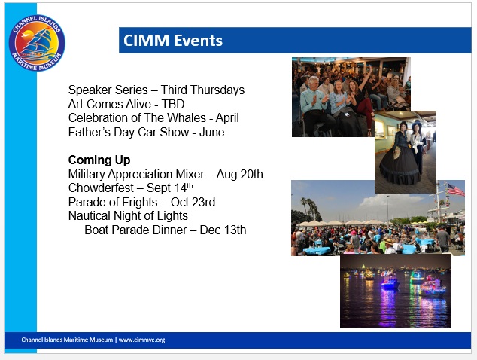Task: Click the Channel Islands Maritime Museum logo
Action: pos(37,43)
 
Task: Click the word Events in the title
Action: pos(198,41)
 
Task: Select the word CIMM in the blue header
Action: pos(146,41)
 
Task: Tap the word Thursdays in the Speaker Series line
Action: pos(218,90)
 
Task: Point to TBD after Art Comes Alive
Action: pos(173,104)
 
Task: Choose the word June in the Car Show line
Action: pos(211,133)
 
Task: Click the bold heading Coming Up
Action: pos(99,160)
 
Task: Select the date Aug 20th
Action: pos(240,174)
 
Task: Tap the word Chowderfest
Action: pos(101,188)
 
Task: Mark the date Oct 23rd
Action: pos(193,202)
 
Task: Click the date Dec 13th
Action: pos(223,230)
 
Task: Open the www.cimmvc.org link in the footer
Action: pos(141,340)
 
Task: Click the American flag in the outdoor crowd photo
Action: pos(456,190)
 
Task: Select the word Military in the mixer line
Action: pos(87,174)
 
